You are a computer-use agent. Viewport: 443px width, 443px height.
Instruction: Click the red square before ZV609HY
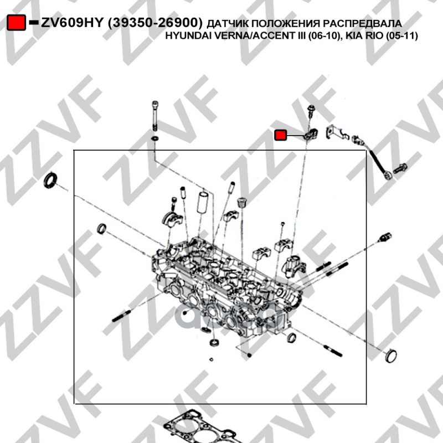click(x=17, y=23)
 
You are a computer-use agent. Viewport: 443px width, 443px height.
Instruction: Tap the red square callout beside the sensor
click(x=281, y=135)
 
